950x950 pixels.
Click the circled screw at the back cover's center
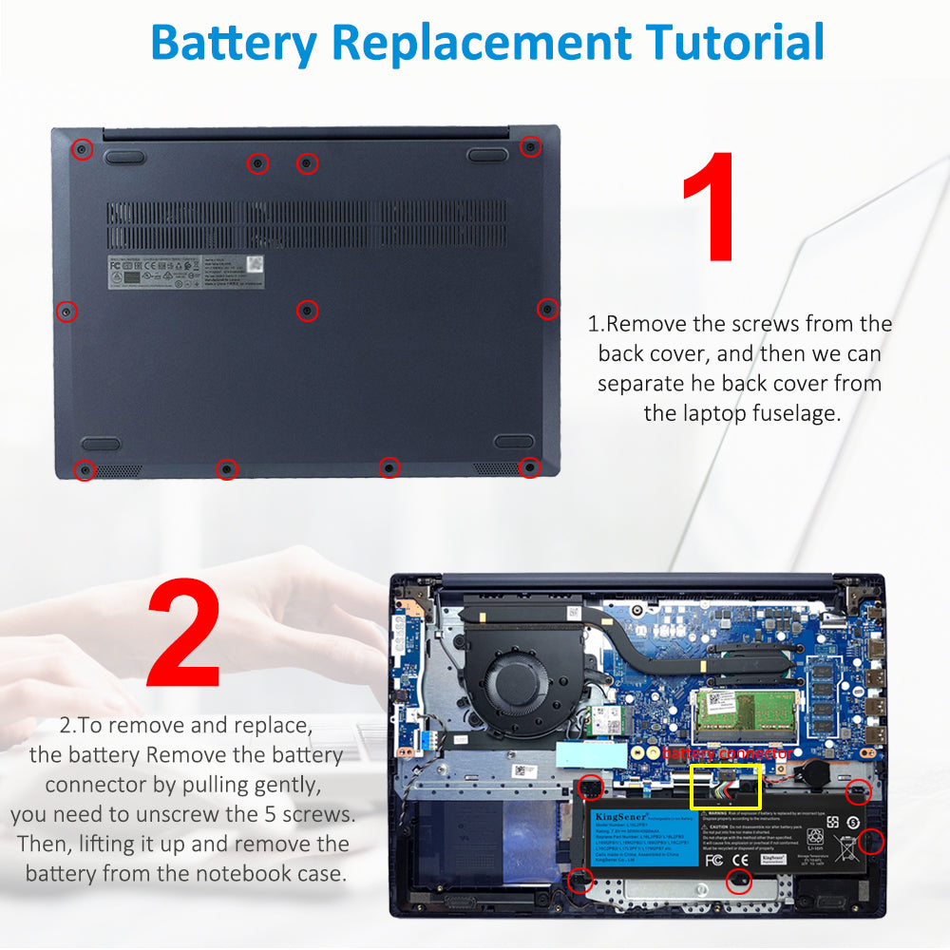point(306,310)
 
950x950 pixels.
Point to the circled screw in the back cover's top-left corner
point(83,149)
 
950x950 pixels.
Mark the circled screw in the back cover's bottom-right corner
point(529,467)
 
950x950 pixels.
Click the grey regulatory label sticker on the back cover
point(185,273)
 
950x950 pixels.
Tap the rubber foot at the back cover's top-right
point(488,155)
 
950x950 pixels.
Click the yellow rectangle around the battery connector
point(725,787)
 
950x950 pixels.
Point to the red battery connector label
point(727,753)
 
